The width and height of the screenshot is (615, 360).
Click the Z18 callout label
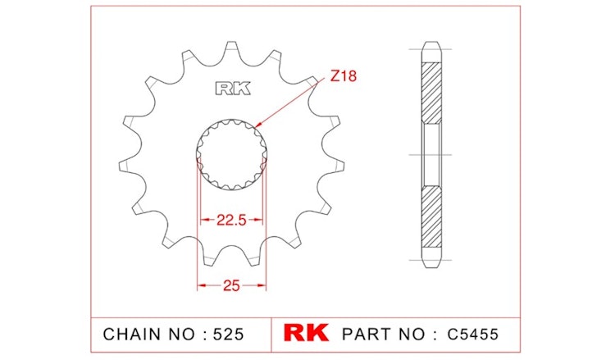click(345, 78)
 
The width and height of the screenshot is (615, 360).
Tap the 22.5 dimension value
click(231, 220)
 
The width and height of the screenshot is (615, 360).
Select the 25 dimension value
click(231, 286)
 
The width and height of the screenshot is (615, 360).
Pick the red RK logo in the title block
click(306, 334)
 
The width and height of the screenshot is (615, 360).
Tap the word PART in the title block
click(367, 335)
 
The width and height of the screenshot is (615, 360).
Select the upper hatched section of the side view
click(430, 90)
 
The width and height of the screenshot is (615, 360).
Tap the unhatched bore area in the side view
click(430, 153)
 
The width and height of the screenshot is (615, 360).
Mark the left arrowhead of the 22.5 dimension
click(201, 220)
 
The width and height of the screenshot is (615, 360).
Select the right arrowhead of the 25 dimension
click(264, 286)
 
